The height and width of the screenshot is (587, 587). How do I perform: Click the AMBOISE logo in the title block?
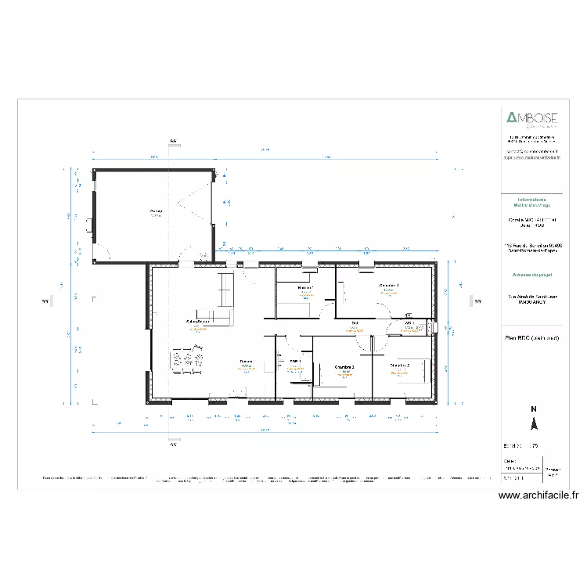coord(531,119)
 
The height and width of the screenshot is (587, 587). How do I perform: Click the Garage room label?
coord(157,211)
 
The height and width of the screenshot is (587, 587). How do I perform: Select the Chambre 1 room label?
coord(389,285)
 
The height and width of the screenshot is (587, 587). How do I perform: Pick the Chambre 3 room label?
coord(344,366)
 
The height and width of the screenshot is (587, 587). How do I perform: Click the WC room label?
coord(409,322)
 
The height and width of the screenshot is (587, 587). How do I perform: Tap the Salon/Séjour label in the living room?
coord(197,322)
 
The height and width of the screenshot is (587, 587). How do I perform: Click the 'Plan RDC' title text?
coord(532,337)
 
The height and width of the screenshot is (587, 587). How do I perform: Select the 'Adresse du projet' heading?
coord(531,275)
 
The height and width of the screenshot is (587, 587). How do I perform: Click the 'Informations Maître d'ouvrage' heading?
coord(531,203)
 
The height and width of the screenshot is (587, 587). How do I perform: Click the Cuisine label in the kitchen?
coord(246,361)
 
